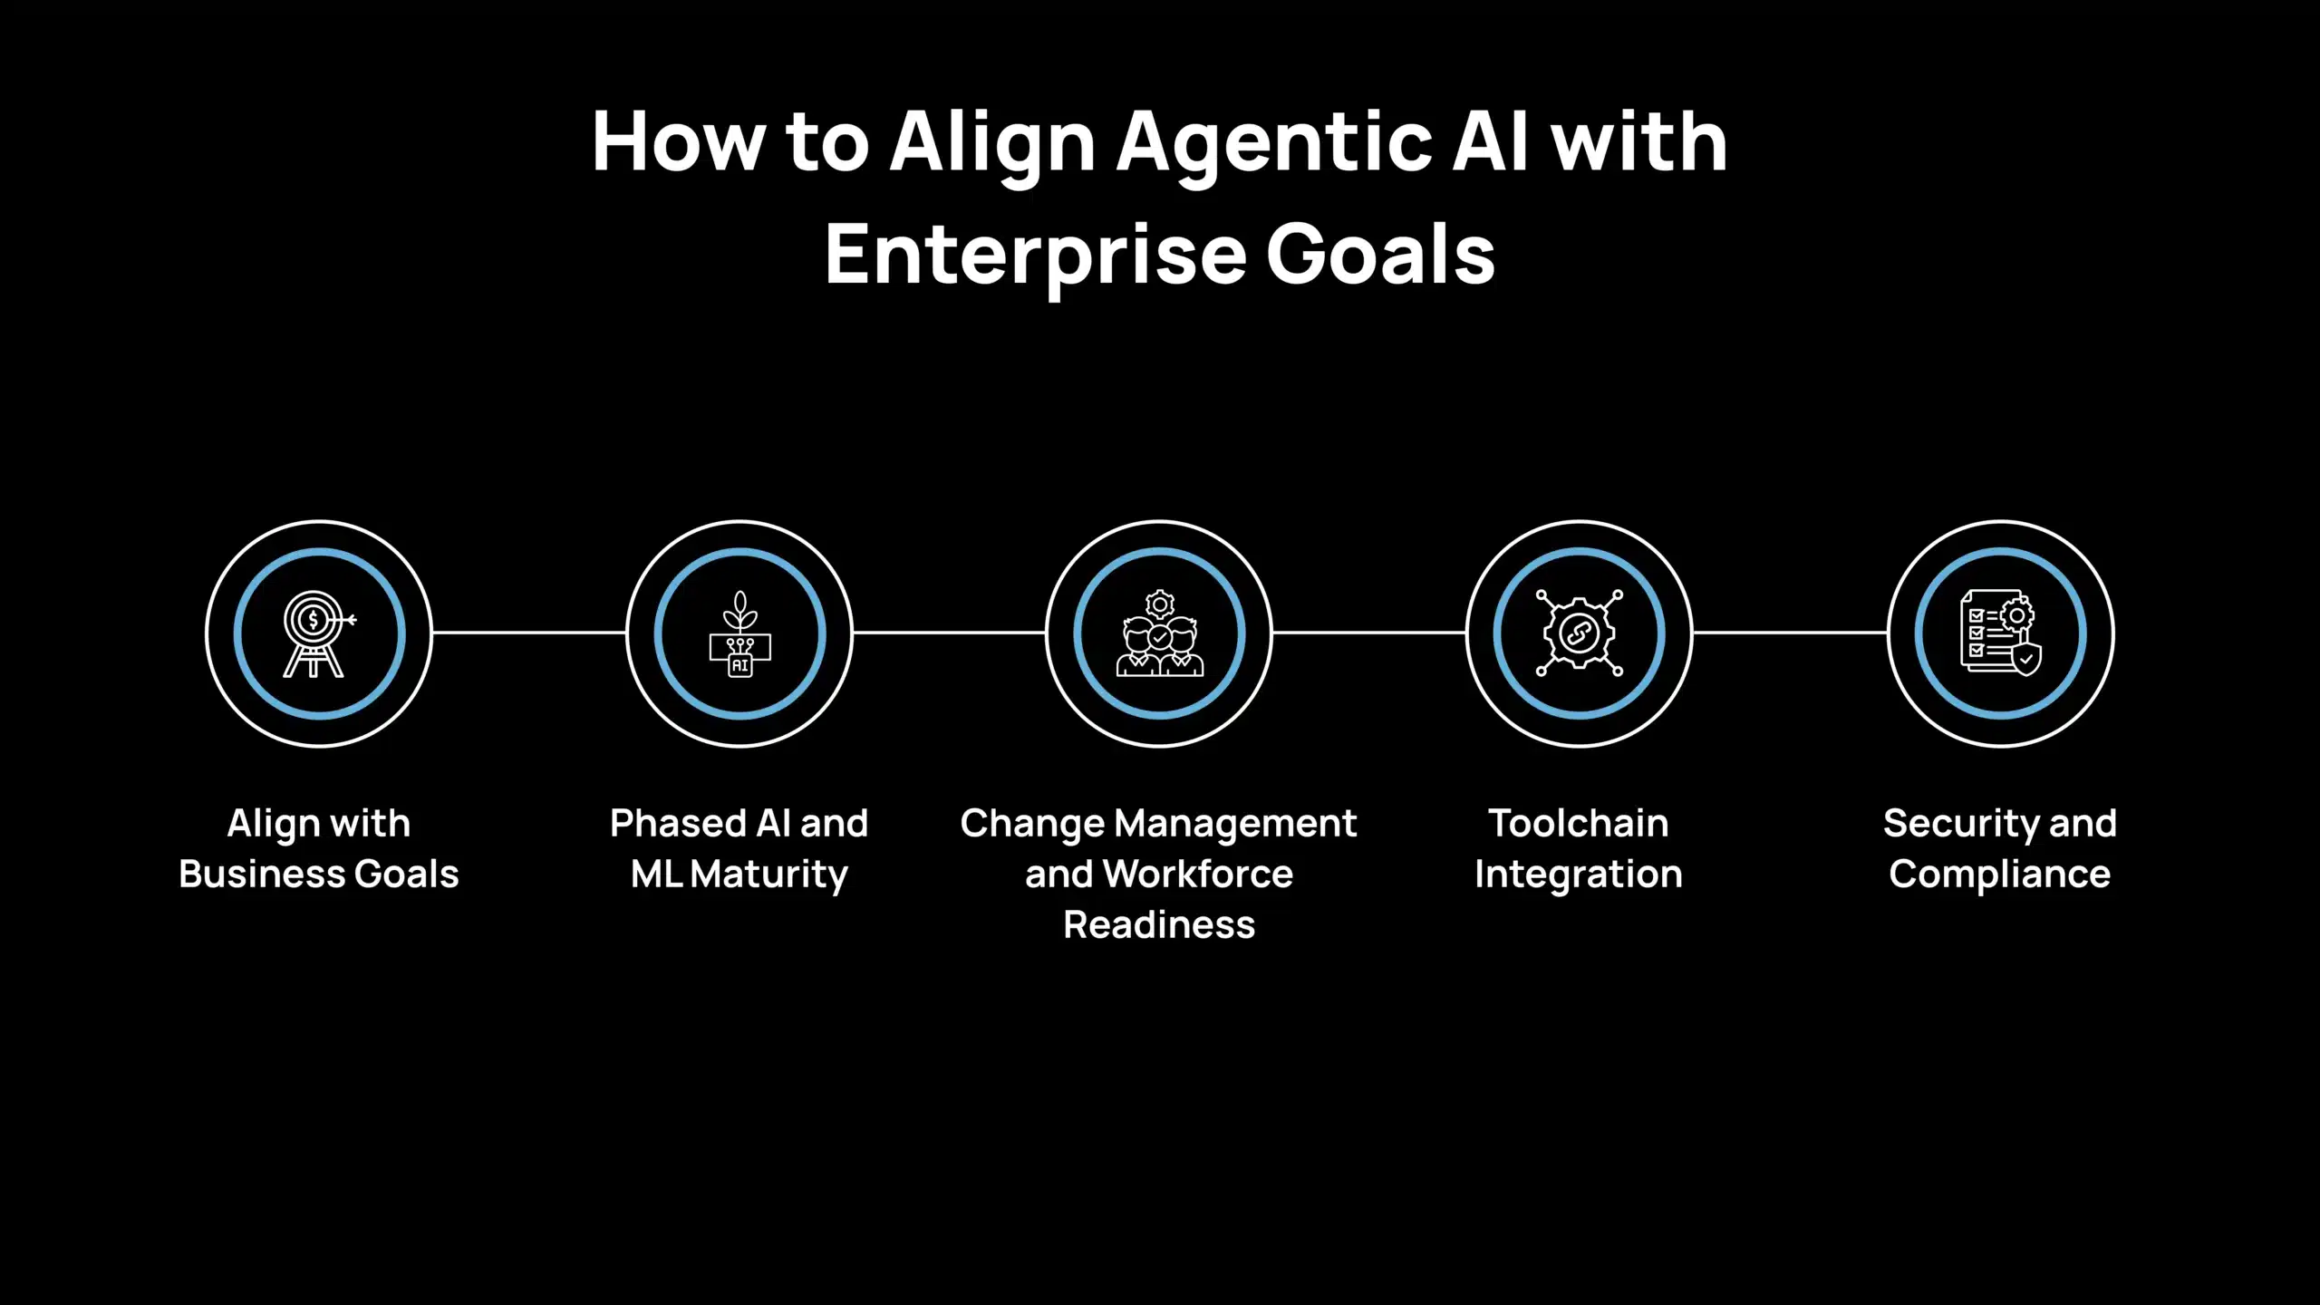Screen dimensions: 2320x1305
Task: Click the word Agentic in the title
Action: pyautogui.click(x=1274, y=145)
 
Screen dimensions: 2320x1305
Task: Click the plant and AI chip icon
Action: pyautogui.click(x=739, y=634)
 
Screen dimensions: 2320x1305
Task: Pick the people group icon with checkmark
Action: pyautogui.click(x=1159, y=634)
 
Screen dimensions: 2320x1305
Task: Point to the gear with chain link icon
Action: pyautogui.click(x=1580, y=633)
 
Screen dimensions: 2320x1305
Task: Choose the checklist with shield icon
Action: pyautogui.click(x=2001, y=633)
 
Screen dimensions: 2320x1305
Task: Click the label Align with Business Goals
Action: pyautogui.click(x=319, y=849)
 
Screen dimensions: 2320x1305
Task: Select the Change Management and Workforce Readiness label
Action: pyautogui.click(x=1159, y=875)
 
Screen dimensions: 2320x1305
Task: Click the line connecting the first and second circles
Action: pyautogui.click(x=529, y=633)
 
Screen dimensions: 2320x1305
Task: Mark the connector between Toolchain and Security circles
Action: pyautogui.click(x=1790, y=633)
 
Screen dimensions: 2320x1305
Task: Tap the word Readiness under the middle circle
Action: pyautogui.click(x=1159, y=925)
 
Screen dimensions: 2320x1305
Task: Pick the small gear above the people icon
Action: pyautogui.click(x=1160, y=604)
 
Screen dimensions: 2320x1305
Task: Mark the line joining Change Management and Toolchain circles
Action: pyautogui.click(x=1369, y=633)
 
